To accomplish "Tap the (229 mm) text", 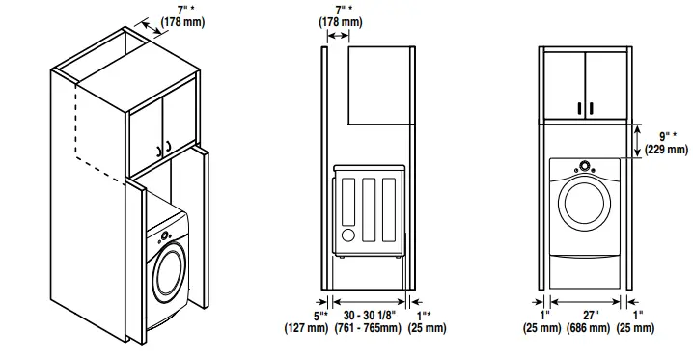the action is pyautogui.click(x=666, y=150).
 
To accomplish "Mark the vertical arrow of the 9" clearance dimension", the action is pyautogui.click(x=639, y=137).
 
